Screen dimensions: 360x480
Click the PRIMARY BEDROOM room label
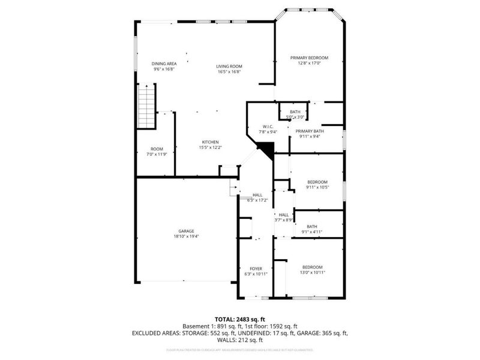pos(309,58)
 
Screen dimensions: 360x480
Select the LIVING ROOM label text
pos(229,66)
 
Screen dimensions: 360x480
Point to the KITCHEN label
pos(210,142)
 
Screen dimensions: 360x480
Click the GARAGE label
pos(186,231)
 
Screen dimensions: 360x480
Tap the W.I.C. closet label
pos(267,125)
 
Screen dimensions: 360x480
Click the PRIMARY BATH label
pos(310,131)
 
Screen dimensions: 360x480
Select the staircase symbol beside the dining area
pos(146,106)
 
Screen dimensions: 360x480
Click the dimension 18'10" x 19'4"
pos(186,236)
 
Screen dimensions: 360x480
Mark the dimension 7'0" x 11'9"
pos(157,154)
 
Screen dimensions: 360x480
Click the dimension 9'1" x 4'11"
pos(311,232)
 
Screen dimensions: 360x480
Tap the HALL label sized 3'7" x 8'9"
pos(283,214)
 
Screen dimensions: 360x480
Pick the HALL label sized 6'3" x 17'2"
pos(257,195)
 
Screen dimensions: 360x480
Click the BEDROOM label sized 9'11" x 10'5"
pos(317,182)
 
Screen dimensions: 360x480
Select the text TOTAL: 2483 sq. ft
pos(239,319)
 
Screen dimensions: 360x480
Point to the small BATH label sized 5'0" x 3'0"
pos(295,112)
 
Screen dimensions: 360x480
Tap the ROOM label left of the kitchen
pos(157,149)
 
